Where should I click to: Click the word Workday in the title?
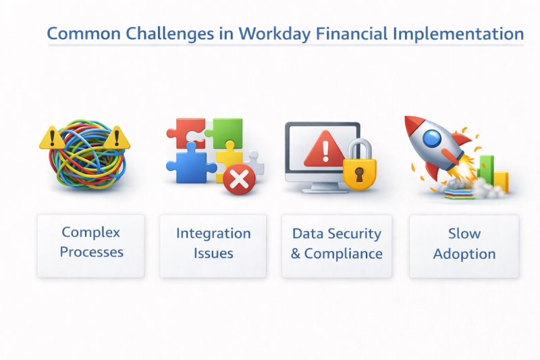pos(275,34)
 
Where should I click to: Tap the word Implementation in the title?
pos(458,34)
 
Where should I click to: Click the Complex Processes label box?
pos(91,246)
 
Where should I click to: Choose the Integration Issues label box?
pos(213,246)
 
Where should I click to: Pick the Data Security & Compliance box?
pos(337,246)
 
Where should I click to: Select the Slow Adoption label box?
pos(464,246)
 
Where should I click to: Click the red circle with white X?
pos(239,179)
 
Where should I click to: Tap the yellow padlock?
pos(360,165)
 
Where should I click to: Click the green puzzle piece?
pos(225,132)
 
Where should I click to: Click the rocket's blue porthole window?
pos(432,139)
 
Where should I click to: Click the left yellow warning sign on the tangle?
pos(52,138)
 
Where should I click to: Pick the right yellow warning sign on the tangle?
pos(117,138)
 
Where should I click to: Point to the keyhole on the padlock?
pos(360,174)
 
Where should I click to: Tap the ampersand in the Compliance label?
pos(296,254)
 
